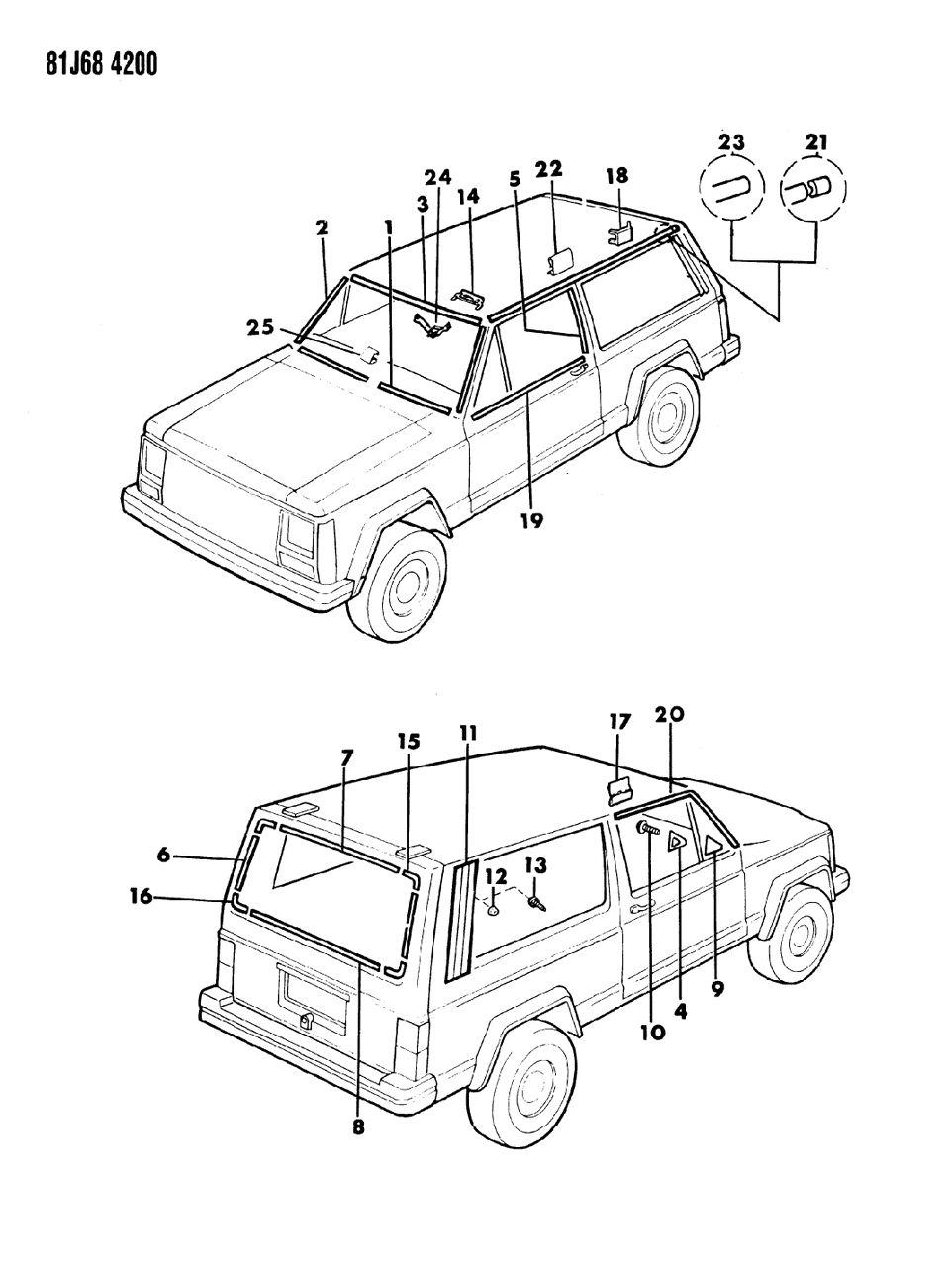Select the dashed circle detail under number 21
coord(814,189)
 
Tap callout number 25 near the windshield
coord(261,327)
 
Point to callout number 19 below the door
coord(531,519)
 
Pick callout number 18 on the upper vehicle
coord(616,176)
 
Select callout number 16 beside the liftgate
coord(141,896)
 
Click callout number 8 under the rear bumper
coord(358,1126)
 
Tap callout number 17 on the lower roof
coord(619,723)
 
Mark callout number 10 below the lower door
coord(653,1031)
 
